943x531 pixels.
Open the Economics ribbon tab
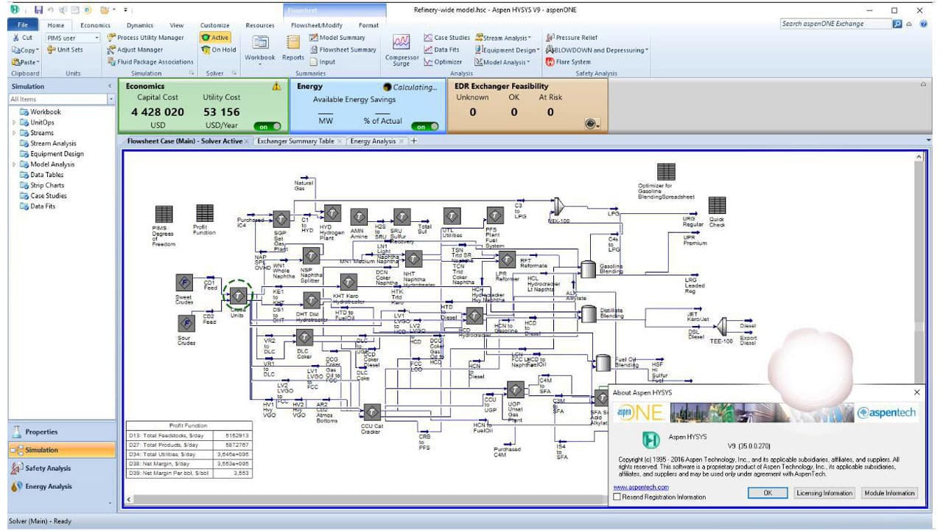pos(95,25)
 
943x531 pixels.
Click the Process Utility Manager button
pos(146,38)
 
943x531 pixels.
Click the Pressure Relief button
pos(572,38)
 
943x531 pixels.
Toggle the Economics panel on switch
pos(267,126)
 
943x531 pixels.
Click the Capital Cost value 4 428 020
pos(158,112)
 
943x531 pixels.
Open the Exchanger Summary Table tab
pos(295,141)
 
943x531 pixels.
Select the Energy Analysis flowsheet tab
pos(373,141)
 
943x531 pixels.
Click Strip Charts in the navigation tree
pos(47,185)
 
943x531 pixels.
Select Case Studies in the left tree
pos(49,195)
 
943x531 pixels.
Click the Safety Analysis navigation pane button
pos(49,468)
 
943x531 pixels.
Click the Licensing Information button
pos(824,493)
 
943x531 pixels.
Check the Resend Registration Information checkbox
pos(617,497)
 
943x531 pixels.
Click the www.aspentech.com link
pos(640,487)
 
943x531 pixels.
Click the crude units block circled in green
pos(238,295)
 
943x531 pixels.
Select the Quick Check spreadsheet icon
pos(716,205)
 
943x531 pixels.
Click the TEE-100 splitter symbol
pos(723,325)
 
